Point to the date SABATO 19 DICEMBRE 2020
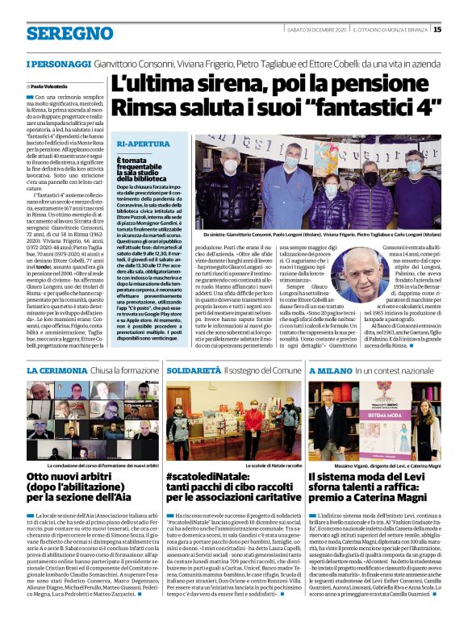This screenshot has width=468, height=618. pyautogui.click(x=315, y=30)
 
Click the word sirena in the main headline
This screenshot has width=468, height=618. pyautogui.click(x=213, y=84)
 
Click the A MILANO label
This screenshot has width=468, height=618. pyautogui.click(x=329, y=370)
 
